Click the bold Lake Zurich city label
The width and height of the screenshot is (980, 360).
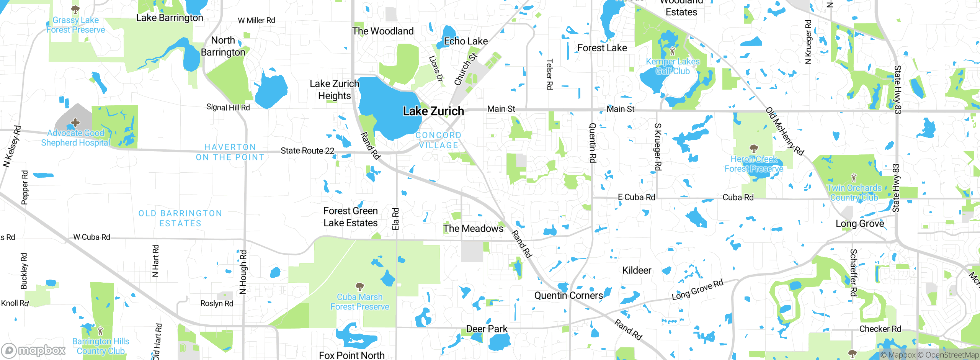coord(433,111)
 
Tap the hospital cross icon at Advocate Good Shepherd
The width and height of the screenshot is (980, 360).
coord(75,123)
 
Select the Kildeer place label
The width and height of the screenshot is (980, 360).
coord(637,271)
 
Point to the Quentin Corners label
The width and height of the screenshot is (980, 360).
coord(568,296)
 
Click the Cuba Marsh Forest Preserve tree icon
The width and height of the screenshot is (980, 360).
coord(359,286)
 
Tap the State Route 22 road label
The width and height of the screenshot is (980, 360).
coord(307,151)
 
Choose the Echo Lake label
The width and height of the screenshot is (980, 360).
coord(465,41)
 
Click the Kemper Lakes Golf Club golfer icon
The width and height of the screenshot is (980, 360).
coord(673,51)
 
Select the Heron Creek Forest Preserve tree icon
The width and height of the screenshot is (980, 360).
coord(753,149)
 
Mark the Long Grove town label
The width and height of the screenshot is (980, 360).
coord(860,224)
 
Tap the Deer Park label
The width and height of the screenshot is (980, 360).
coord(487,329)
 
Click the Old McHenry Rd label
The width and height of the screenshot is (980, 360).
coord(784,131)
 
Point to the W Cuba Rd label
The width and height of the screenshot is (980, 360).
coord(92,237)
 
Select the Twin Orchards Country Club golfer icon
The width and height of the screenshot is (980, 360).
coord(854,178)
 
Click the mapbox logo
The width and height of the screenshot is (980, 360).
coord(34,350)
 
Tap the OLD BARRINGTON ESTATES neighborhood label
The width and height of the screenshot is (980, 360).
coord(180,218)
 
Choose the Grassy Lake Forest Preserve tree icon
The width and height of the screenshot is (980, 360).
coord(75,9)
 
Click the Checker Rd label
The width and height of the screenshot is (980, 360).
coord(880,329)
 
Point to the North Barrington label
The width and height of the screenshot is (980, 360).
coord(223,46)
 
